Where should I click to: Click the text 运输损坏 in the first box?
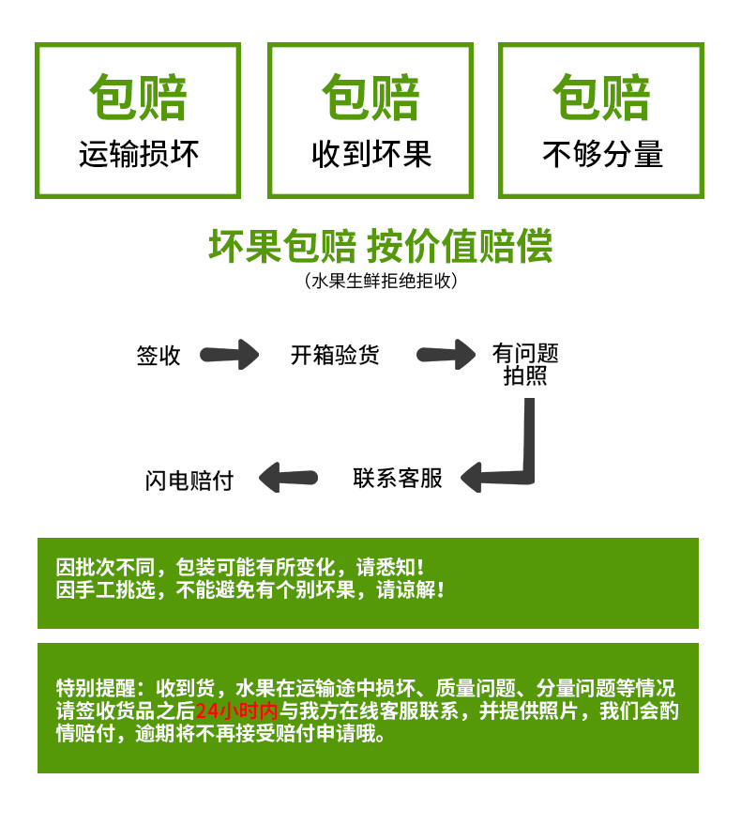[x=139, y=154]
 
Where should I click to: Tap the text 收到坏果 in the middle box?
[x=371, y=154]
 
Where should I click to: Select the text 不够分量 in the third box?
[x=603, y=154]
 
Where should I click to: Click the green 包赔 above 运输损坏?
[x=138, y=98]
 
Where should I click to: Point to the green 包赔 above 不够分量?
[x=601, y=98]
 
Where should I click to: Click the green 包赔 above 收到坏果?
[x=370, y=98]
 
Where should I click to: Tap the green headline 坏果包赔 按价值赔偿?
[x=380, y=246]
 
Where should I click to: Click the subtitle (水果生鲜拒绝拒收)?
[x=381, y=281]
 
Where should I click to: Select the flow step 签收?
[x=159, y=356]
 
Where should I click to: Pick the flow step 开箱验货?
[x=335, y=355]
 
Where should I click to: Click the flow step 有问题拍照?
[x=525, y=364]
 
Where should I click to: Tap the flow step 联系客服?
[x=398, y=479]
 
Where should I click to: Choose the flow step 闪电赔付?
[x=189, y=481]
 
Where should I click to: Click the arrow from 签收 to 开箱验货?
[x=229, y=355]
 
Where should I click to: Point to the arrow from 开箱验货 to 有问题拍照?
[x=446, y=355]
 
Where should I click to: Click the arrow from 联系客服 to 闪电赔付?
[x=288, y=478]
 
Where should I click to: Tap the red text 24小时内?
[x=236, y=710]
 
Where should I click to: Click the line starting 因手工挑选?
[x=250, y=589]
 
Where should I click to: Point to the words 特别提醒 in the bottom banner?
[x=96, y=688]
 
